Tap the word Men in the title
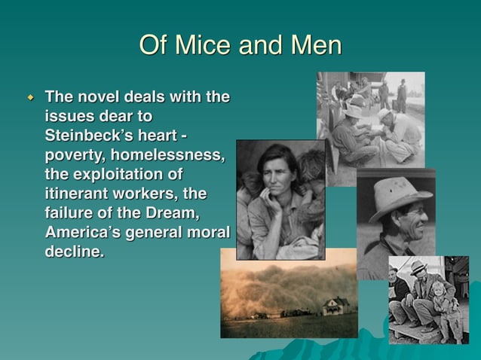[314, 46]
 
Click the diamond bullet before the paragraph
[31, 98]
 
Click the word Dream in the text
[169, 213]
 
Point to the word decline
[73, 252]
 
